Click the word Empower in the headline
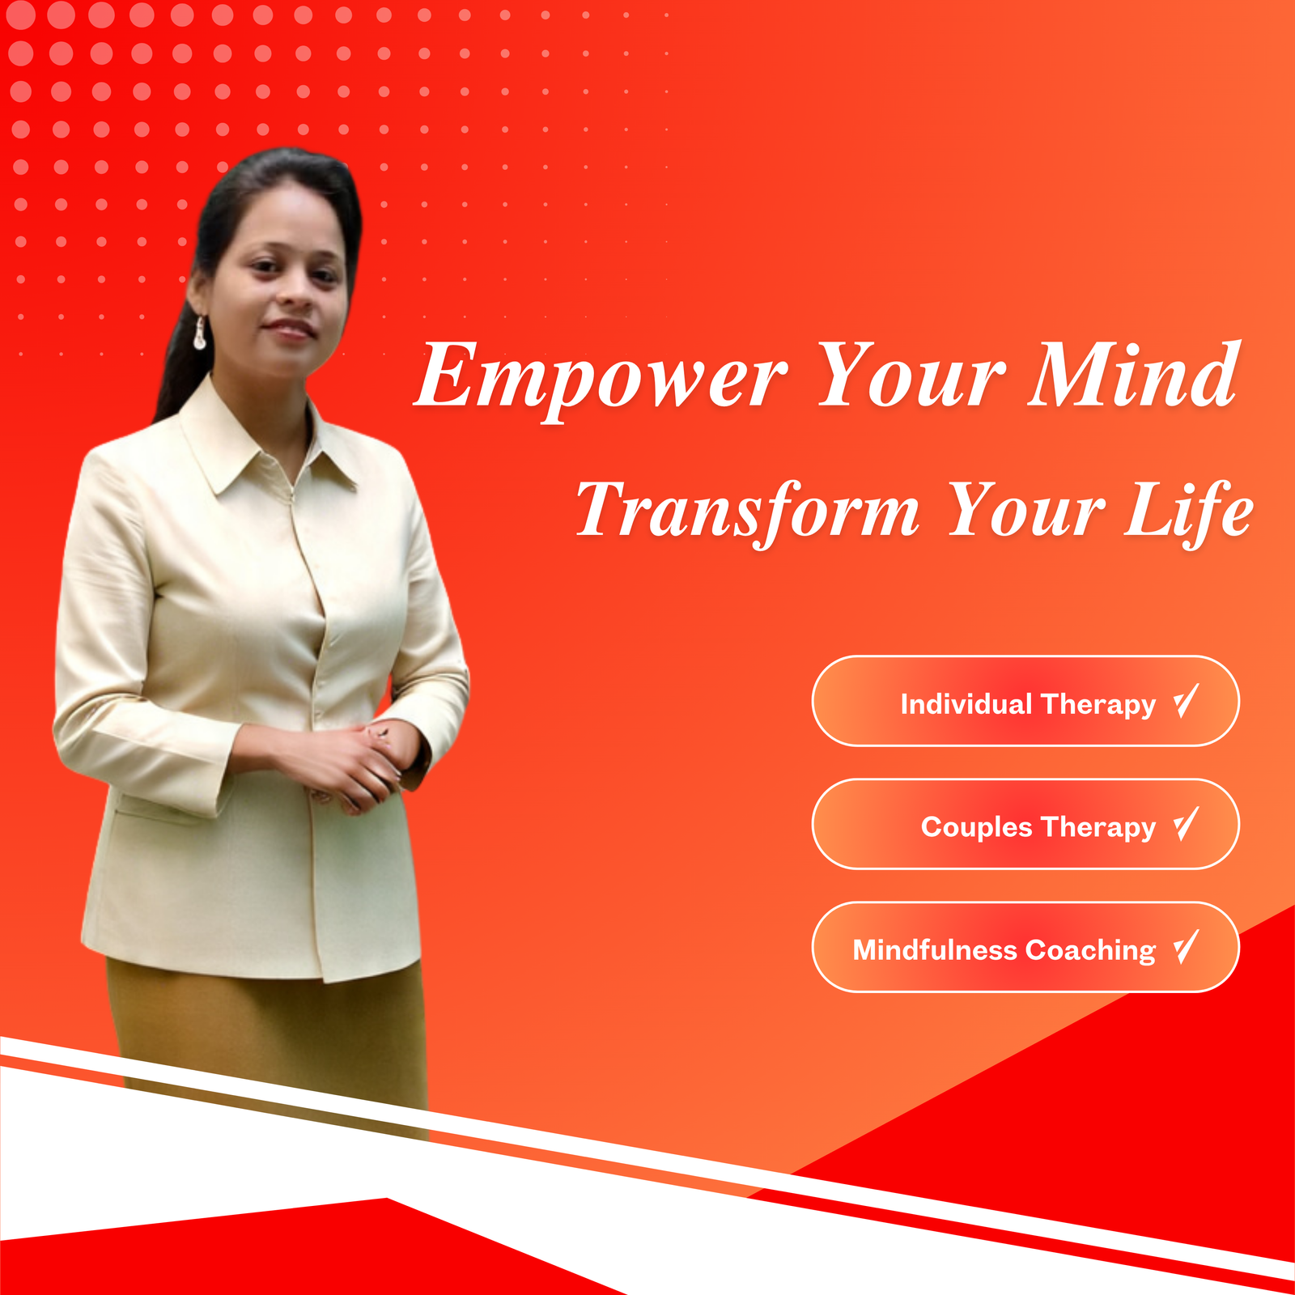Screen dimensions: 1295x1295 point(601,380)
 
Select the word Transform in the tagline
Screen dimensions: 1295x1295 point(748,511)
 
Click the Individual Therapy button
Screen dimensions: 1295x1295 point(1025,701)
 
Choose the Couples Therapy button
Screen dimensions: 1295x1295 point(1025,824)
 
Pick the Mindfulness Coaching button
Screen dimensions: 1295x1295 point(1025,947)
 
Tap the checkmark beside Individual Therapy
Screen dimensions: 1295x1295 point(1187,701)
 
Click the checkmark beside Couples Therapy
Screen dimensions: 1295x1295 point(1187,824)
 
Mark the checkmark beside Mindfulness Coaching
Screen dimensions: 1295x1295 point(1187,947)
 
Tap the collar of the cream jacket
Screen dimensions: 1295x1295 point(267,441)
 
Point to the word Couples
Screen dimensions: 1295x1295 point(977,828)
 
